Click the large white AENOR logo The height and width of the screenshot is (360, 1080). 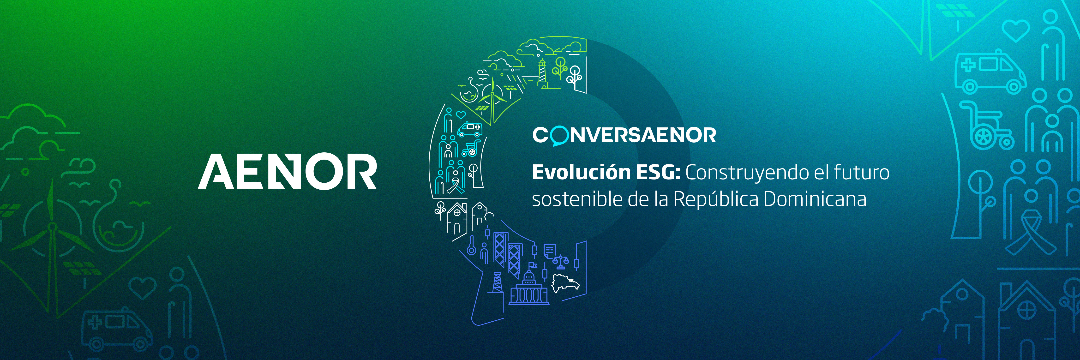(x=287, y=171)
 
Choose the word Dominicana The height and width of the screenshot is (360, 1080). (x=815, y=199)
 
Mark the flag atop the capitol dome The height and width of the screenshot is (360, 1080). (x=533, y=265)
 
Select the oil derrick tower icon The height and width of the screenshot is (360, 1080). (x=497, y=283)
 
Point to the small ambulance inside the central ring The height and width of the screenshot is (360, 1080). (x=470, y=129)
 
